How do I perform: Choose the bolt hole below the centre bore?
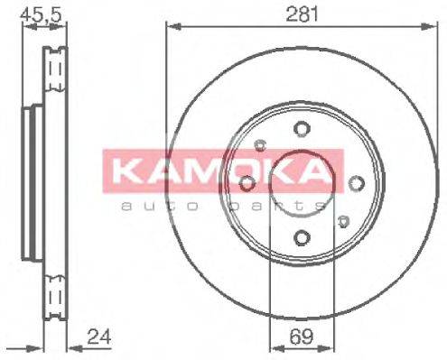pos(301,238)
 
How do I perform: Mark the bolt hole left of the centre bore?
pos(246,183)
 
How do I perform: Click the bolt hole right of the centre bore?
pos(357,183)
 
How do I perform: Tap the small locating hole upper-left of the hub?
pos(261,144)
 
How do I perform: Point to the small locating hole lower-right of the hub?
pos(342,220)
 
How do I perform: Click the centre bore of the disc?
pos(301,183)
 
